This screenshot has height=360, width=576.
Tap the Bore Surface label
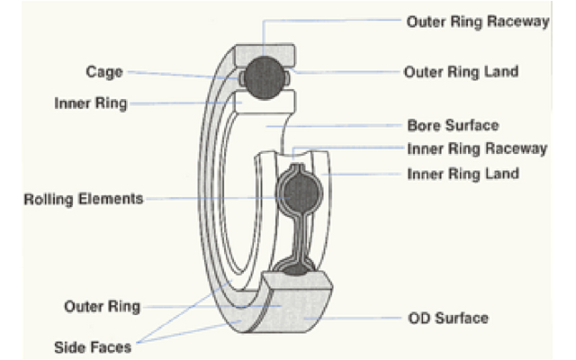point(453,125)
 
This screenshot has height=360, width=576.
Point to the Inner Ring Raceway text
point(477,148)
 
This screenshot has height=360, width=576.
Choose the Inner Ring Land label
point(463,173)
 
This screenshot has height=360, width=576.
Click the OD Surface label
point(447,318)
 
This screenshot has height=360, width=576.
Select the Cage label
point(104,71)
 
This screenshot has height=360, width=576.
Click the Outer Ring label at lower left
point(102,306)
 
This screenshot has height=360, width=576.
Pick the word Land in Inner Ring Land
point(501,173)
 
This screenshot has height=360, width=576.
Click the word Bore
point(424,125)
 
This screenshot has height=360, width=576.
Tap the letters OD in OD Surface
point(418,318)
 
